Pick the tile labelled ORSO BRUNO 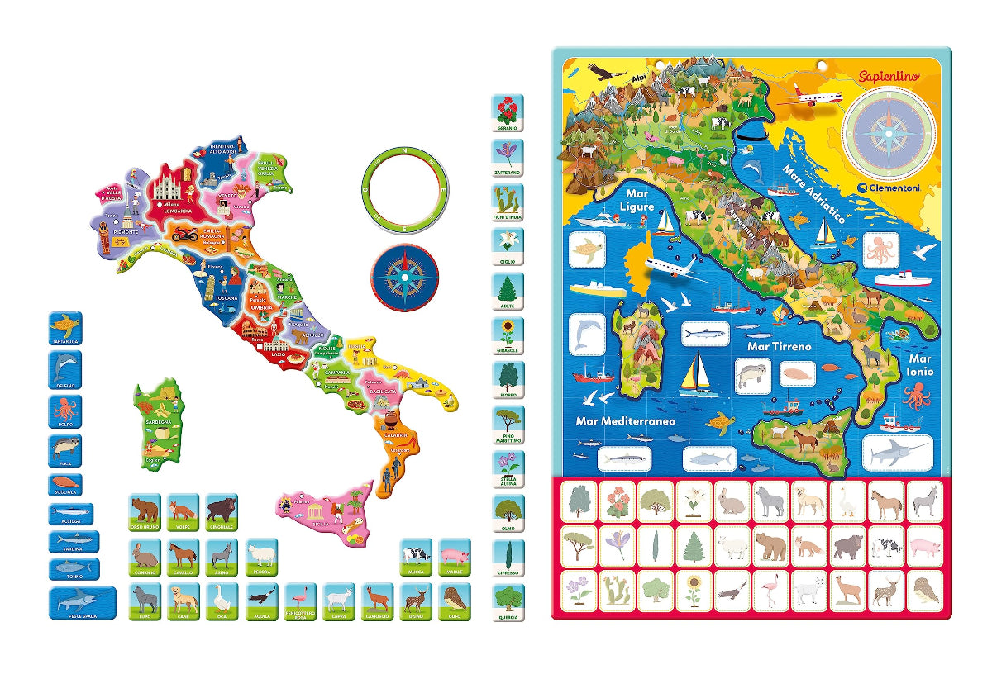point(144,512)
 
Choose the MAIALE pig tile point(454,556)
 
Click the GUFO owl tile point(454,601)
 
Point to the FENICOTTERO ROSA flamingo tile point(300,601)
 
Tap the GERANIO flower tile point(508,112)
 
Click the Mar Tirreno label point(780,347)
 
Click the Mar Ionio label point(919,365)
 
